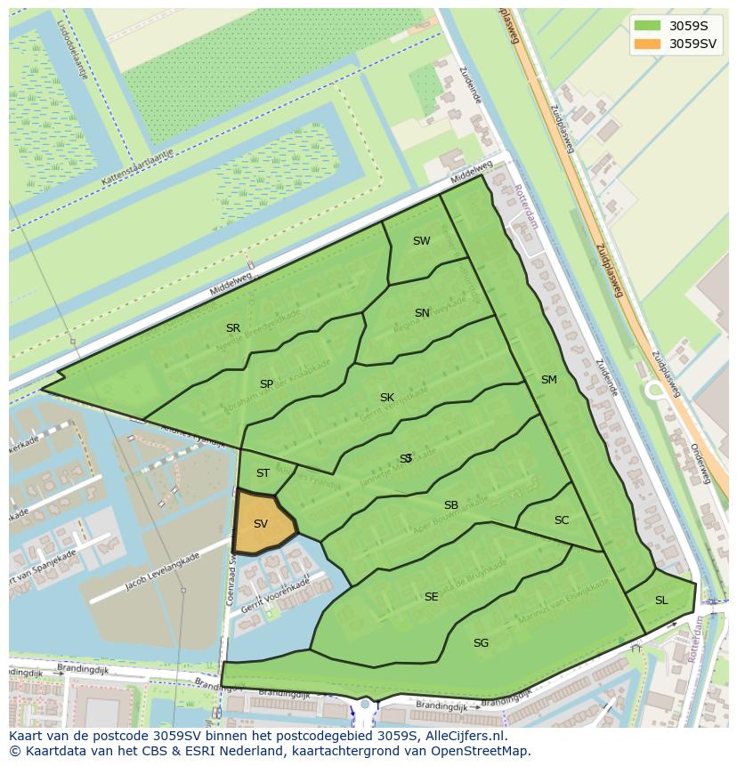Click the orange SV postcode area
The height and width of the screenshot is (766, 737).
(x=261, y=524)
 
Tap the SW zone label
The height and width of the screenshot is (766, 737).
(x=421, y=241)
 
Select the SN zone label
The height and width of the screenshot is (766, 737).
(x=422, y=313)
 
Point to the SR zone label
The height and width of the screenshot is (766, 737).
(x=233, y=328)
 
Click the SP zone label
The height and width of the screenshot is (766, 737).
(x=266, y=384)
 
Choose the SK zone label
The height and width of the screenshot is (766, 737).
(x=386, y=398)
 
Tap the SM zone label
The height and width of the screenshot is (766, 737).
(x=548, y=380)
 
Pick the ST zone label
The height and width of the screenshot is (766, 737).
(x=263, y=473)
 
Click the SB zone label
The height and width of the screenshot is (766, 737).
(x=451, y=505)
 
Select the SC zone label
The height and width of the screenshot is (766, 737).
(x=562, y=520)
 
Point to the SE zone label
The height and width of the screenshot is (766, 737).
(x=432, y=597)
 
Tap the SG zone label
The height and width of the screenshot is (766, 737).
(x=481, y=643)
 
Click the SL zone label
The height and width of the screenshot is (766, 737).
(x=661, y=601)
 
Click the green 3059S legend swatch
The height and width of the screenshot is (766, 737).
(x=647, y=26)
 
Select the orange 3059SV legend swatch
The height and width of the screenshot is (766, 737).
(x=647, y=44)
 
